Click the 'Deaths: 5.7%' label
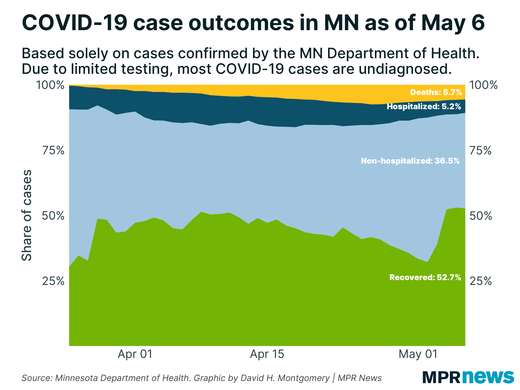point(436,92)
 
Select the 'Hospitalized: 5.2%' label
point(424,106)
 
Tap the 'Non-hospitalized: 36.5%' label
point(410,161)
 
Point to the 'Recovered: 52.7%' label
point(425,277)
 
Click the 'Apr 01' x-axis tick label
point(135,354)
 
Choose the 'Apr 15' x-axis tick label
point(267,354)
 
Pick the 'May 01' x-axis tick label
point(418,354)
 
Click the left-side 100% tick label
point(50,85)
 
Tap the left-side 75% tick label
point(53,151)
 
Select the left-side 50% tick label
point(53,216)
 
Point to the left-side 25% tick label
point(53,281)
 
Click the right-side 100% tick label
point(483,85)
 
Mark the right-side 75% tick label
point(480,151)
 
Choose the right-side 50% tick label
point(480,216)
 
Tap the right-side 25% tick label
point(480,281)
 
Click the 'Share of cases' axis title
point(27,215)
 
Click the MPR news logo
point(468,377)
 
